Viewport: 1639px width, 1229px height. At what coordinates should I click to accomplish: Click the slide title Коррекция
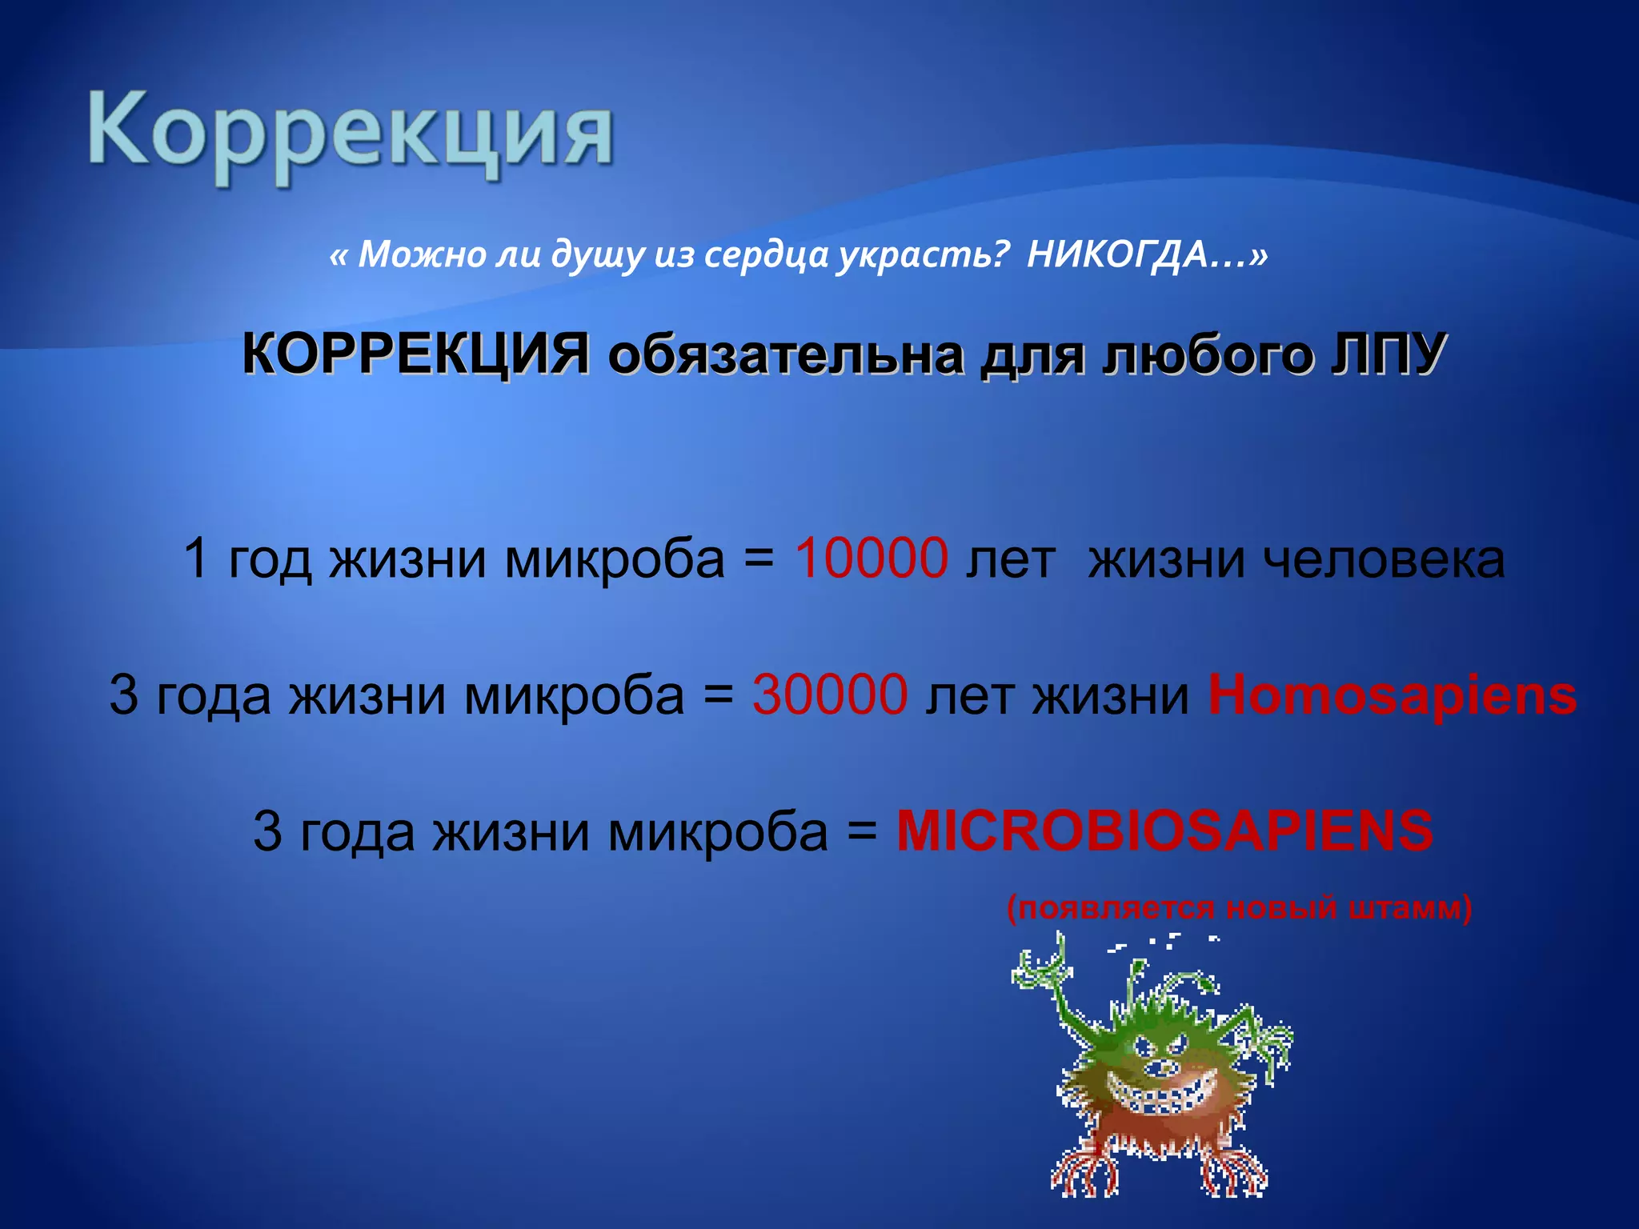click(351, 132)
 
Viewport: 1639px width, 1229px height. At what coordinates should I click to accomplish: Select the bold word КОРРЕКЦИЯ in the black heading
click(416, 354)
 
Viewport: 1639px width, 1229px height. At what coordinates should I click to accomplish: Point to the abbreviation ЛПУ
click(1388, 354)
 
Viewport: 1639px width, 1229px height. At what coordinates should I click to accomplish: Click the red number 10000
click(871, 558)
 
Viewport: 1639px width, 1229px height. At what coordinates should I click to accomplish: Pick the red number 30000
click(830, 695)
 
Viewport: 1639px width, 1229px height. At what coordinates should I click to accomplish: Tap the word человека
click(1384, 559)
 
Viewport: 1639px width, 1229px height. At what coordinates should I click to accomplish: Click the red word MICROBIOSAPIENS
click(1164, 831)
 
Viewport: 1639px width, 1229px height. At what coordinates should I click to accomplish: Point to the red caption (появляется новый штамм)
click(1239, 909)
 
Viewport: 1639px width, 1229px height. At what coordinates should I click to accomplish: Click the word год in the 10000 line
click(270, 559)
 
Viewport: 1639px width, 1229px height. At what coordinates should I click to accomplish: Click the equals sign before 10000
click(759, 559)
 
